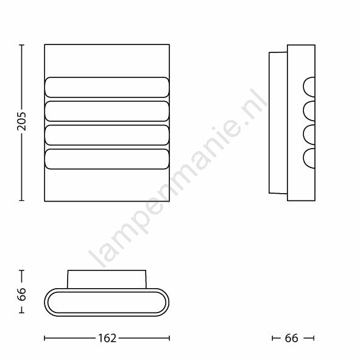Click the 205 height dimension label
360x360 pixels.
(21, 121)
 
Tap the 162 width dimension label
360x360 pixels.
(107, 338)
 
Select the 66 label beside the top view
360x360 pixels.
(21, 294)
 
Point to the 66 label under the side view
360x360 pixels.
(291, 338)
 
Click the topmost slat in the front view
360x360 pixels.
(107, 87)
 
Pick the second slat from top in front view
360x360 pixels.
(107, 111)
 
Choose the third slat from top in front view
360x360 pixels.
(107, 135)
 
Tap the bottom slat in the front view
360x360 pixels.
(107, 159)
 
